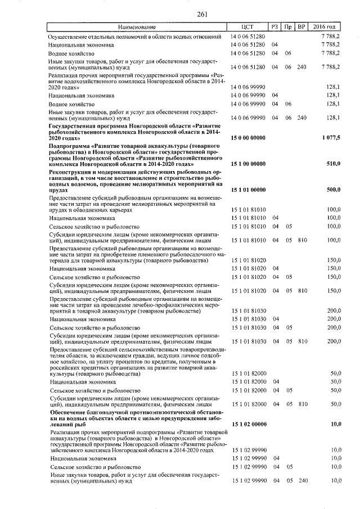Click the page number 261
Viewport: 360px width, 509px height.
(x=180, y=15)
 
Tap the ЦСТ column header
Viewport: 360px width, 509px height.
(x=247, y=28)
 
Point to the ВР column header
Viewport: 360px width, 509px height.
(x=301, y=28)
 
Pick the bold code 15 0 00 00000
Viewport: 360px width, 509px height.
(x=249, y=138)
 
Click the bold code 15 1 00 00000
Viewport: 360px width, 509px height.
(x=249, y=164)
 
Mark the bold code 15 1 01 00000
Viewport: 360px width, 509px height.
(x=249, y=190)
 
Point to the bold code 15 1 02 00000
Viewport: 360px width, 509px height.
(x=249, y=424)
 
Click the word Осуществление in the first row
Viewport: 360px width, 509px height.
(x=68, y=37)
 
